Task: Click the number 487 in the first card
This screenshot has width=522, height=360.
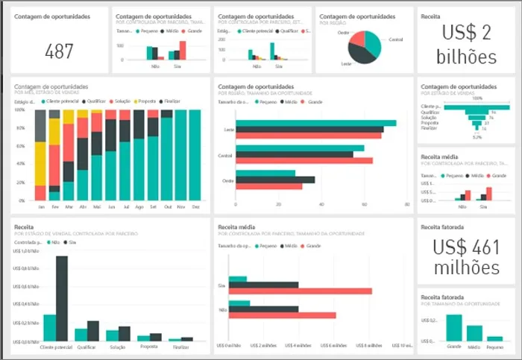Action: pyautogui.click(x=59, y=51)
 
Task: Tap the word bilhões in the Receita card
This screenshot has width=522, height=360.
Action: pyautogui.click(x=467, y=57)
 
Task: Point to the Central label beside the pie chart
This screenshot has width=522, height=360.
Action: pyautogui.click(x=397, y=40)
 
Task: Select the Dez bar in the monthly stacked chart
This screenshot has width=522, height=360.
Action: pyautogui.click(x=195, y=155)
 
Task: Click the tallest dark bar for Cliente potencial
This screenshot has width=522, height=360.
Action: pyautogui.click(x=62, y=298)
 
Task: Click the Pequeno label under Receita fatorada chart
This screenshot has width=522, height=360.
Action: pyautogui.click(x=494, y=347)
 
